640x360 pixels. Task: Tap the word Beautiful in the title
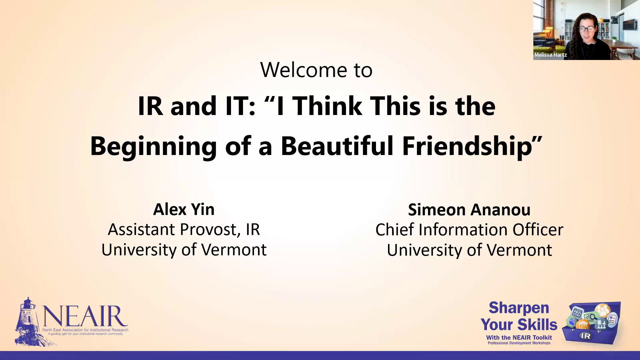(x=337, y=146)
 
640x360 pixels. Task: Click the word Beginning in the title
(x=154, y=147)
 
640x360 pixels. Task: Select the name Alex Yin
(x=184, y=209)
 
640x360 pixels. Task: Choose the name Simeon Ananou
(x=469, y=210)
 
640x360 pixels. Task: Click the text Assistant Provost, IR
(x=184, y=230)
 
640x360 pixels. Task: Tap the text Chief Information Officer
(x=469, y=230)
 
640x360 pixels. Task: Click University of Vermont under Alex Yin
(x=184, y=250)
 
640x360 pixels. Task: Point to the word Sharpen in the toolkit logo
(x=519, y=308)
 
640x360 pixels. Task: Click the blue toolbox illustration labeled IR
(x=592, y=323)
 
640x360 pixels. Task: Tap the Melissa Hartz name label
(x=550, y=55)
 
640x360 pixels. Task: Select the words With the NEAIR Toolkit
(x=519, y=338)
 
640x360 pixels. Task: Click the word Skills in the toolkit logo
(x=537, y=325)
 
